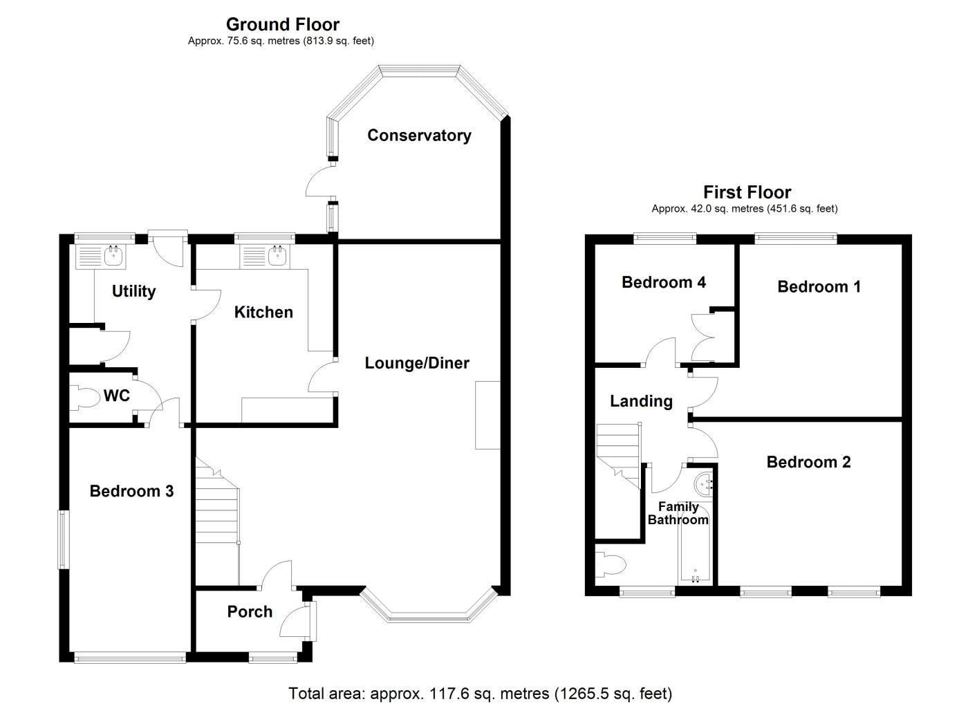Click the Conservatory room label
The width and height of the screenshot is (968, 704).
[419, 136]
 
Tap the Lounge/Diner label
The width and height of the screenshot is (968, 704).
[417, 363]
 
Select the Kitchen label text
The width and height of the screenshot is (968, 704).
[263, 313]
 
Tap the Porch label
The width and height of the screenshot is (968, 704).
[250, 612]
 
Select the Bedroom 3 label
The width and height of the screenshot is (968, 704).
[131, 492]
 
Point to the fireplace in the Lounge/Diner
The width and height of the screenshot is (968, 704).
[487, 415]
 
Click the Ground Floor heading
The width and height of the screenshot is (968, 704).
[283, 25]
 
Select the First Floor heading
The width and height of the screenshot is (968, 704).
[747, 192]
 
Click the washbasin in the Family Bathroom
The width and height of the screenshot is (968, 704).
[704, 482]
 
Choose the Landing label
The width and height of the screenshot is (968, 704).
[641, 401]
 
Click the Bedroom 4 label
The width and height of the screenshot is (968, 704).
[663, 282]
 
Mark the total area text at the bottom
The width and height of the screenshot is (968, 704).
[480, 693]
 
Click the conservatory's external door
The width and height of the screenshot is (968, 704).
[320, 183]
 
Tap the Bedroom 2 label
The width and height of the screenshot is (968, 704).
[808, 462]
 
